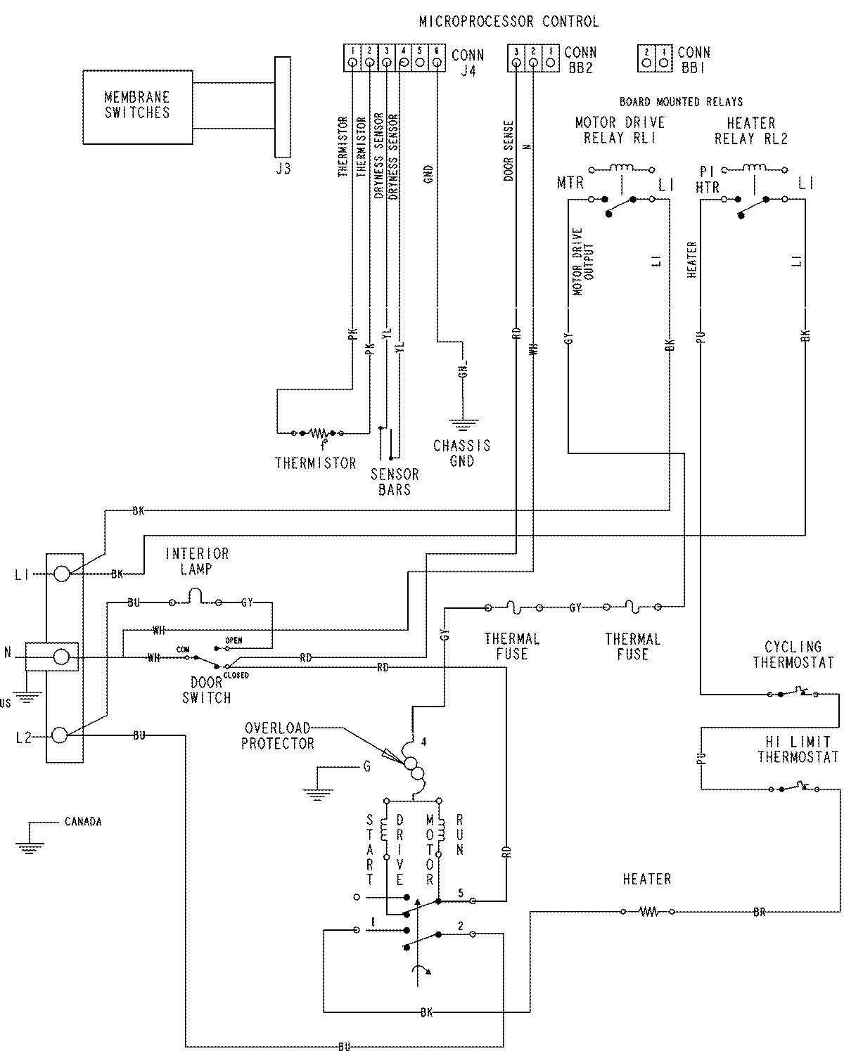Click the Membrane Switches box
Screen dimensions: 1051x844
(x=137, y=107)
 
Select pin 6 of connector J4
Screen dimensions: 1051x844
(x=437, y=63)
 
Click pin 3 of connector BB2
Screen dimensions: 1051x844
(x=516, y=63)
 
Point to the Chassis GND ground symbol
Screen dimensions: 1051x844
(x=462, y=424)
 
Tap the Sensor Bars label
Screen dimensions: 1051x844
(x=395, y=482)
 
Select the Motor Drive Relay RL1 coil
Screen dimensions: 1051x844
(x=622, y=169)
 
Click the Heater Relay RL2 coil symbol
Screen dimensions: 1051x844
(x=753, y=169)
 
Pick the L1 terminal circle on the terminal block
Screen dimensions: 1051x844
(x=61, y=574)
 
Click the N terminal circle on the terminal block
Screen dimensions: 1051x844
(x=61, y=657)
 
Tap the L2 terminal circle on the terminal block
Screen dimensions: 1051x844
(x=61, y=735)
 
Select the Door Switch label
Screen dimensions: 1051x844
(x=206, y=690)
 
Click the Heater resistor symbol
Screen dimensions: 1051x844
(x=648, y=912)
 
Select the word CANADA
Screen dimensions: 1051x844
(x=83, y=821)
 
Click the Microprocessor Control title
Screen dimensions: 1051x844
(x=509, y=22)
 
